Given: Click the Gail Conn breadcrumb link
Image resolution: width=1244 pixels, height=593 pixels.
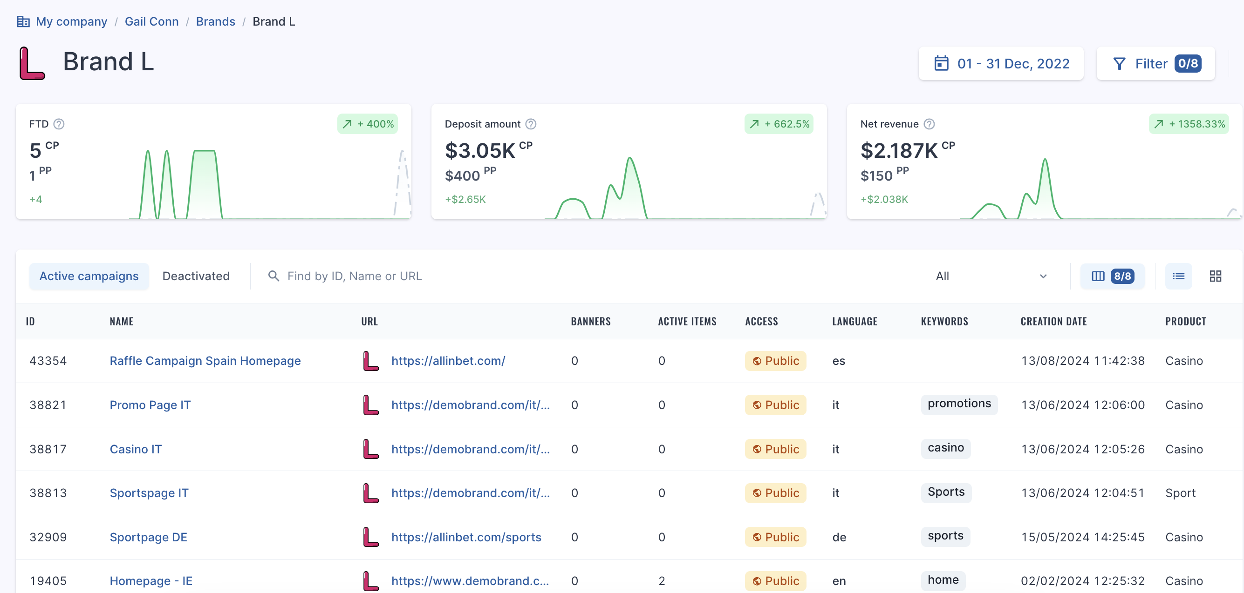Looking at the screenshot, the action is (151, 21).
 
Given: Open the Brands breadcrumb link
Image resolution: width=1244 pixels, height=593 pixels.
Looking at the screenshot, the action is (215, 21).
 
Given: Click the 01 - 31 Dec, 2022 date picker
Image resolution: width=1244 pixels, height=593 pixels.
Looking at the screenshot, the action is (1001, 63).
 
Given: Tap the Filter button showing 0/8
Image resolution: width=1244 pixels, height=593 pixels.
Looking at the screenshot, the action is (1155, 63).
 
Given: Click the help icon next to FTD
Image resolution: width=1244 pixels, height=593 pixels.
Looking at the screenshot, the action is (59, 124).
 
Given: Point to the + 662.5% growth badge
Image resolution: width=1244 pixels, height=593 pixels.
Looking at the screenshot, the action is (779, 124).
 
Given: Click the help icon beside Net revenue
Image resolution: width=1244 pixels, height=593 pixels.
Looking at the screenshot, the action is (929, 124).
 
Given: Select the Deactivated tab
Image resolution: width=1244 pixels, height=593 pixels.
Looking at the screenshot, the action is (196, 276).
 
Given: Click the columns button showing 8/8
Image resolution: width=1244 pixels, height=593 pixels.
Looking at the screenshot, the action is (1112, 276).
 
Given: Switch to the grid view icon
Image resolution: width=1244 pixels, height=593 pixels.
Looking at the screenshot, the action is (1215, 276).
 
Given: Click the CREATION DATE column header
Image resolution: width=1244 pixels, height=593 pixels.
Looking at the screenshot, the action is (1053, 321).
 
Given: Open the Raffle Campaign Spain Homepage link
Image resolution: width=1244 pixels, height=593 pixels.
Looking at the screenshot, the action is (205, 361).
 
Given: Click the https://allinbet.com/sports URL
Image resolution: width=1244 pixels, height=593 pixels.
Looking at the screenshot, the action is (466, 537).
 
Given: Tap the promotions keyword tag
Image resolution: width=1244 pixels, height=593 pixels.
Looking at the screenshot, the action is (959, 404).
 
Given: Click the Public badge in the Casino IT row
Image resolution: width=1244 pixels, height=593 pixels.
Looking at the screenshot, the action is (775, 449).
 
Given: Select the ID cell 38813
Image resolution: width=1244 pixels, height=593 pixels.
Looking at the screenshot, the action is (48, 493).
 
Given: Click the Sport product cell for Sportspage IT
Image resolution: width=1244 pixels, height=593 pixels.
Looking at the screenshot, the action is (1180, 493).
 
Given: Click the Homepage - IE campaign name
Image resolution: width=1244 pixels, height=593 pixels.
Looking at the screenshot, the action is (151, 581).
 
